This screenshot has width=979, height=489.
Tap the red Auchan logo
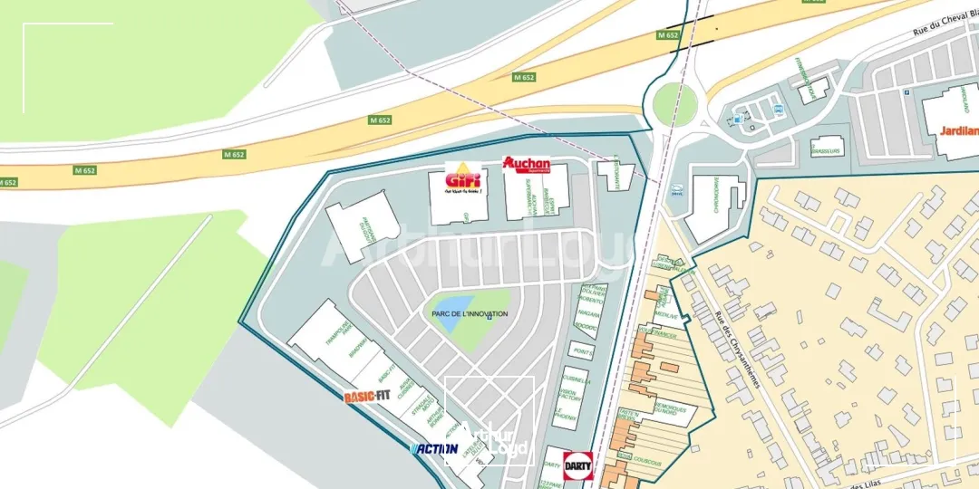[527, 165]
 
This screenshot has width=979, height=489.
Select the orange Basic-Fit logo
[367, 396]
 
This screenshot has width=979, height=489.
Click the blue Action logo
[434, 448]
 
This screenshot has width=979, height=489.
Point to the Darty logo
[577, 465]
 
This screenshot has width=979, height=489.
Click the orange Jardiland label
[960, 130]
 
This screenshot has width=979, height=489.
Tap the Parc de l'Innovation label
[470, 313]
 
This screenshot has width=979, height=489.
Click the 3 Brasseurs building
[826, 147]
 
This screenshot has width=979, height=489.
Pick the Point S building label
[581, 350]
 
